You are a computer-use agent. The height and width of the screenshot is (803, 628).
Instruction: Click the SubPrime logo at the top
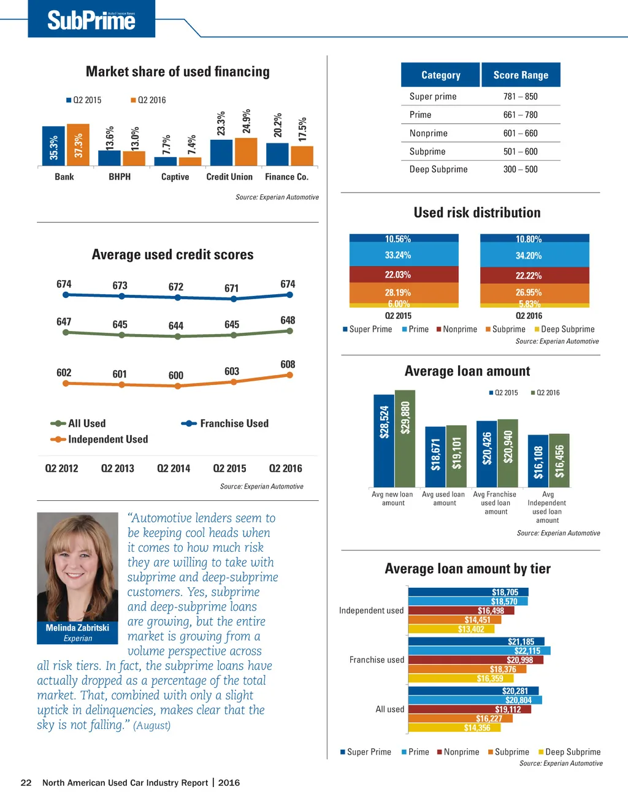pyautogui.click(x=91, y=20)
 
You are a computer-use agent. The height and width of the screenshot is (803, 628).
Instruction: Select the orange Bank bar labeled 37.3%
pyautogui.click(x=78, y=145)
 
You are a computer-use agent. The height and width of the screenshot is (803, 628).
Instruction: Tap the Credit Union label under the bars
pyautogui.click(x=229, y=177)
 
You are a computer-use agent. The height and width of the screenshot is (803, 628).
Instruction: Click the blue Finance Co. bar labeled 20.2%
pyautogui.click(x=277, y=154)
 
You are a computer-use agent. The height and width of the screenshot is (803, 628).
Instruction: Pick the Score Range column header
pyautogui.click(x=521, y=75)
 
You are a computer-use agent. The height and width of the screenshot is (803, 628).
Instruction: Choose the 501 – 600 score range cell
pyautogui.click(x=520, y=151)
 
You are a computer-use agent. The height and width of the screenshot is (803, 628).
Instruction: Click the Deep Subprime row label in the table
pyautogui.click(x=438, y=169)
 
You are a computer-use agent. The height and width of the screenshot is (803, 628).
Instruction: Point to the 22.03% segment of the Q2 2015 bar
pyautogui.click(x=404, y=275)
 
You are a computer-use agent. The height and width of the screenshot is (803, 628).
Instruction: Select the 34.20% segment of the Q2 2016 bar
pyautogui.click(x=534, y=256)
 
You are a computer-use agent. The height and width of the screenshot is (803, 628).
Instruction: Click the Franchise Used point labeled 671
pyautogui.click(x=234, y=299)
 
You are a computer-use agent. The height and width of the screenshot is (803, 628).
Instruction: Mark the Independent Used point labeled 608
pyautogui.click(x=289, y=375)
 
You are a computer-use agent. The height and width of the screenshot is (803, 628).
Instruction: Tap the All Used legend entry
pyautogui.click(x=86, y=424)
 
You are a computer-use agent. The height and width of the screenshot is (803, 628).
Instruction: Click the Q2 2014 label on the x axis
pyautogui.click(x=174, y=468)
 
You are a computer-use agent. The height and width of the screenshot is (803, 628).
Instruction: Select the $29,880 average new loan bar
pyautogui.click(x=405, y=438)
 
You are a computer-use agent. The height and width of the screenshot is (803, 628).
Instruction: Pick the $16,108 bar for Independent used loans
pyautogui.click(x=538, y=461)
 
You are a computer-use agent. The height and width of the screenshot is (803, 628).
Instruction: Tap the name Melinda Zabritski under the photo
pyautogui.click(x=77, y=628)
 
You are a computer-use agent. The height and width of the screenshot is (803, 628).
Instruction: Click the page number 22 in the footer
pyautogui.click(x=26, y=783)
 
